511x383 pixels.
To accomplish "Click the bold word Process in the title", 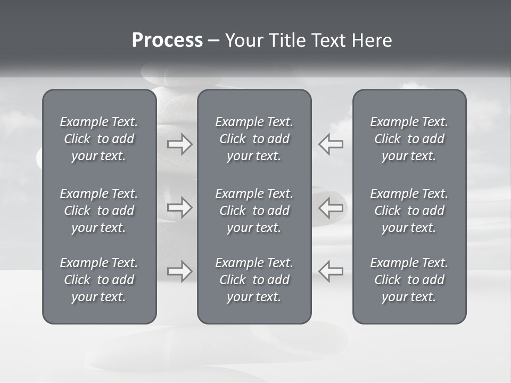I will click(167, 40).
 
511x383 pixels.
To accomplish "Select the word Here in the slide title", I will click(372, 40).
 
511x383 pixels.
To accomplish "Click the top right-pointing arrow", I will click(179, 144).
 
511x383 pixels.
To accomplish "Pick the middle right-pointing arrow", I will click(179, 207).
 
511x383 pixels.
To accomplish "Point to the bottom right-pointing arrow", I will click(179, 271).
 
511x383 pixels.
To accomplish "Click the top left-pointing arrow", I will click(331, 144).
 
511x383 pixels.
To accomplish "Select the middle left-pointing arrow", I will click(331, 207).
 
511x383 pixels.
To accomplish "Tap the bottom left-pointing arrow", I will click(331, 271).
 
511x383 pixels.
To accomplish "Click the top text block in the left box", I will click(99, 139).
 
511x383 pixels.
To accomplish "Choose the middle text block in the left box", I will click(99, 211).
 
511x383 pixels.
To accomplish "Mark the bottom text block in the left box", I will click(99, 280).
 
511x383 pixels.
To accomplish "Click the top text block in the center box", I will click(254, 139).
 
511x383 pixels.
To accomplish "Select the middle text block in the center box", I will click(254, 211).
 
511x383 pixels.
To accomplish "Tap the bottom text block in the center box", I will click(254, 280).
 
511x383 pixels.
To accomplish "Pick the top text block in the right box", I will click(409, 139).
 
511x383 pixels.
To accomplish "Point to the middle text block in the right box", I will click(409, 211).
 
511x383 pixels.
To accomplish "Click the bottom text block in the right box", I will click(409, 280).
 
